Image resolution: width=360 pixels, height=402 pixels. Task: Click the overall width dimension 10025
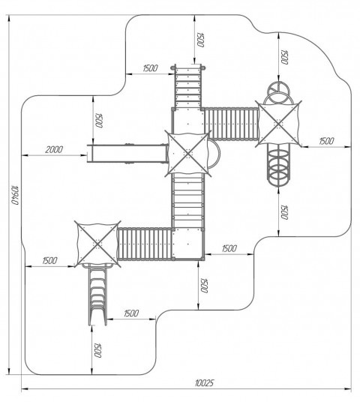point(204,383)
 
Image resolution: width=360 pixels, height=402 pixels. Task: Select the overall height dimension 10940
point(16,194)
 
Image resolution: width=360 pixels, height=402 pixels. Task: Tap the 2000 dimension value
point(54,149)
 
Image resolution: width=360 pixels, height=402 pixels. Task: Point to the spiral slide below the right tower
point(278,164)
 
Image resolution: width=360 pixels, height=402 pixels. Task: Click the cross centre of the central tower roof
point(188,154)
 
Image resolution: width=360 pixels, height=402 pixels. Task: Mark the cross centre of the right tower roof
point(279,124)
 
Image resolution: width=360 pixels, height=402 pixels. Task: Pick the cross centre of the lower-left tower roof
point(97,244)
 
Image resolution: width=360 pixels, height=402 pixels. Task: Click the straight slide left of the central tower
point(127,153)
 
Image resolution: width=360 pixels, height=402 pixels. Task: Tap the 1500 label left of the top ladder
point(150,68)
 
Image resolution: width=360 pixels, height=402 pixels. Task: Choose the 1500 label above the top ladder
point(200,40)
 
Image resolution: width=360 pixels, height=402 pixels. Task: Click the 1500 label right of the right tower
point(326,141)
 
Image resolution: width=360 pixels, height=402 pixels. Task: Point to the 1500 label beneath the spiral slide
point(284,212)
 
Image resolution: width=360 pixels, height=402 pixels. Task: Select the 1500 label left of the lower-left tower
point(49,261)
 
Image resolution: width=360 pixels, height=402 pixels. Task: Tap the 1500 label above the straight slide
point(99,120)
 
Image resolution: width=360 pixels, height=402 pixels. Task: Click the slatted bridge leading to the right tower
point(231,124)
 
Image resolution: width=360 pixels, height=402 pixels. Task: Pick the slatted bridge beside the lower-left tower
point(145,244)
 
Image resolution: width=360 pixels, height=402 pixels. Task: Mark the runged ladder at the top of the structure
point(188,87)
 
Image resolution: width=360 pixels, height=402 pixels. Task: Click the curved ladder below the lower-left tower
point(97,294)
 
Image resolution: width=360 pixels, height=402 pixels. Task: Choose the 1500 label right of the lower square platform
point(229,248)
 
